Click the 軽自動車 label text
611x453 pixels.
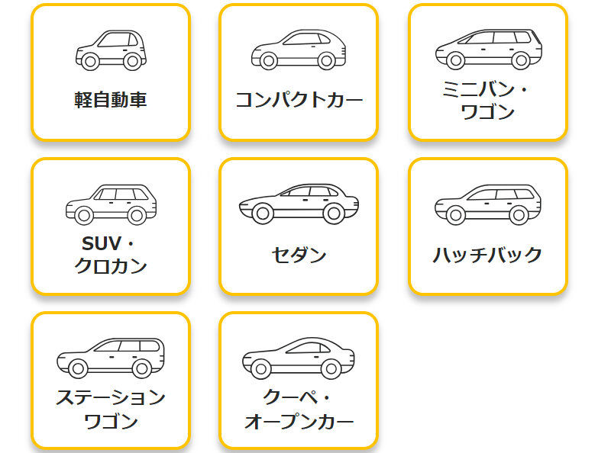[111, 99]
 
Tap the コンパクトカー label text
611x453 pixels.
[299, 99]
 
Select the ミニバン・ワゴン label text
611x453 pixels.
[487, 100]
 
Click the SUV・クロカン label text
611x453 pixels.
[111, 255]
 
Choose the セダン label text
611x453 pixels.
[299, 255]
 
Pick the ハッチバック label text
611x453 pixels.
[487, 254]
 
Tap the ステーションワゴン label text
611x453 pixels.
[111, 409]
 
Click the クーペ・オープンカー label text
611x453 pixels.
[299, 409]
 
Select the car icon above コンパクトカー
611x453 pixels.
[299, 49]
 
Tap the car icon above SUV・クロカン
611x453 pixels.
[111, 204]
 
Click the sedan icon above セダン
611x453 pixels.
[299, 204]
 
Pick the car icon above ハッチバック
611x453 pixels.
[487, 204]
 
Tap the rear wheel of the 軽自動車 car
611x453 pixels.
[132, 60]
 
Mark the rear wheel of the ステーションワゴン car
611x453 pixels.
[141, 368]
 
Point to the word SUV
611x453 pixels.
[102, 244]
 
